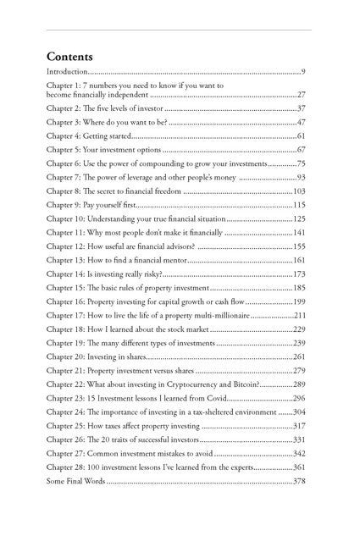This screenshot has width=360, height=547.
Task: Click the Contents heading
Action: [70, 56]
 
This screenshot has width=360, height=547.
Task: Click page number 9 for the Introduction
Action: [302, 74]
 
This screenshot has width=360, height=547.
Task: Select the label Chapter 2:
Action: [64, 109]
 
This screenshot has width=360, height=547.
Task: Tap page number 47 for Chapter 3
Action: [301, 123]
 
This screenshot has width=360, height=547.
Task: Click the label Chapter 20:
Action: [65, 356]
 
